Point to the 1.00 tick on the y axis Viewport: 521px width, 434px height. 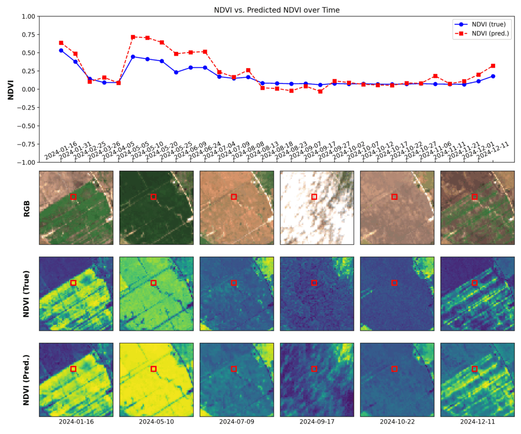pos(28,16)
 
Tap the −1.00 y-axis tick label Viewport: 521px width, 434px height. pos(27,162)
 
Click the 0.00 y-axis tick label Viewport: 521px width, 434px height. pos(28,90)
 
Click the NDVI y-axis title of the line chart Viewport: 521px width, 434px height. pos(10,90)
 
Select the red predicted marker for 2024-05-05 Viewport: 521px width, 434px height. pos(133,37)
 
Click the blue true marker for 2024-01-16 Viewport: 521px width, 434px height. pos(61,50)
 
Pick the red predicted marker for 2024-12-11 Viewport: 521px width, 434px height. pos(493,66)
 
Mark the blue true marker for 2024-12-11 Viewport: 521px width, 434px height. pos(493,76)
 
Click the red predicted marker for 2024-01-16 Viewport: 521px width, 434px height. pos(61,43)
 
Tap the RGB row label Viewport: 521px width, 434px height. pos(26,208)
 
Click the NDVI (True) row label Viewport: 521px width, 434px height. pos(26,294)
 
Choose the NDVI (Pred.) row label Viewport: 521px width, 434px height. pos(26,380)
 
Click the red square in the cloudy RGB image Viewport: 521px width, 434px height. pos(314,197)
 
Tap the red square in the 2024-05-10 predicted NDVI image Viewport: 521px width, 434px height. pos(154,369)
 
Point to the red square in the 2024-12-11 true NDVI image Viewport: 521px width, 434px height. pos(475,283)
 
